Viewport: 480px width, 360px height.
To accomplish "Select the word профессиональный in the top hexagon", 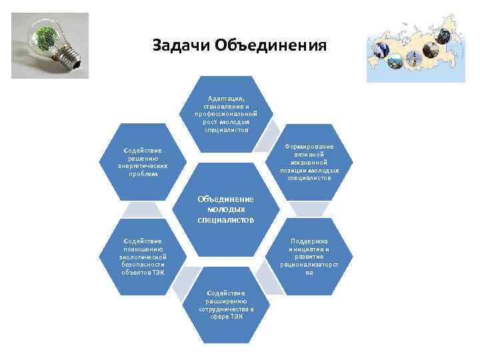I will pyautogui.click(x=226, y=114).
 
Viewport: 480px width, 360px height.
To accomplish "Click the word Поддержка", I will pyautogui.click(x=309, y=241).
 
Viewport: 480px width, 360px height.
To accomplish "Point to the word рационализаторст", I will pyautogui.click(x=309, y=265).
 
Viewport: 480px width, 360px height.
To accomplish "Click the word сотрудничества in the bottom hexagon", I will pyautogui.click(x=226, y=309).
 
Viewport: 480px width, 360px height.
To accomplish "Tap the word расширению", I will pyautogui.click(x=226, y=301).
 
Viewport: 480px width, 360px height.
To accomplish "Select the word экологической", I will pyautogui.click(x=143, y=257).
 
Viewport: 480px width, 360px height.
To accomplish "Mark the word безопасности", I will pyautogui.click(x=143, y=264).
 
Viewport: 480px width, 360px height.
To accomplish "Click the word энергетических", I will pyautogui.click(x=143, y=166).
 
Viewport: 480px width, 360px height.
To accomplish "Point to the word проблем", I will pyautogui.click(x=143, y=174).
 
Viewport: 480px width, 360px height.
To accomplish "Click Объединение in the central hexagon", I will pyautogui.click(x=225, y=199).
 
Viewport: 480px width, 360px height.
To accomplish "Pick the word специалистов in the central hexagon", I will pyautogui.click(x=225, y=219).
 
